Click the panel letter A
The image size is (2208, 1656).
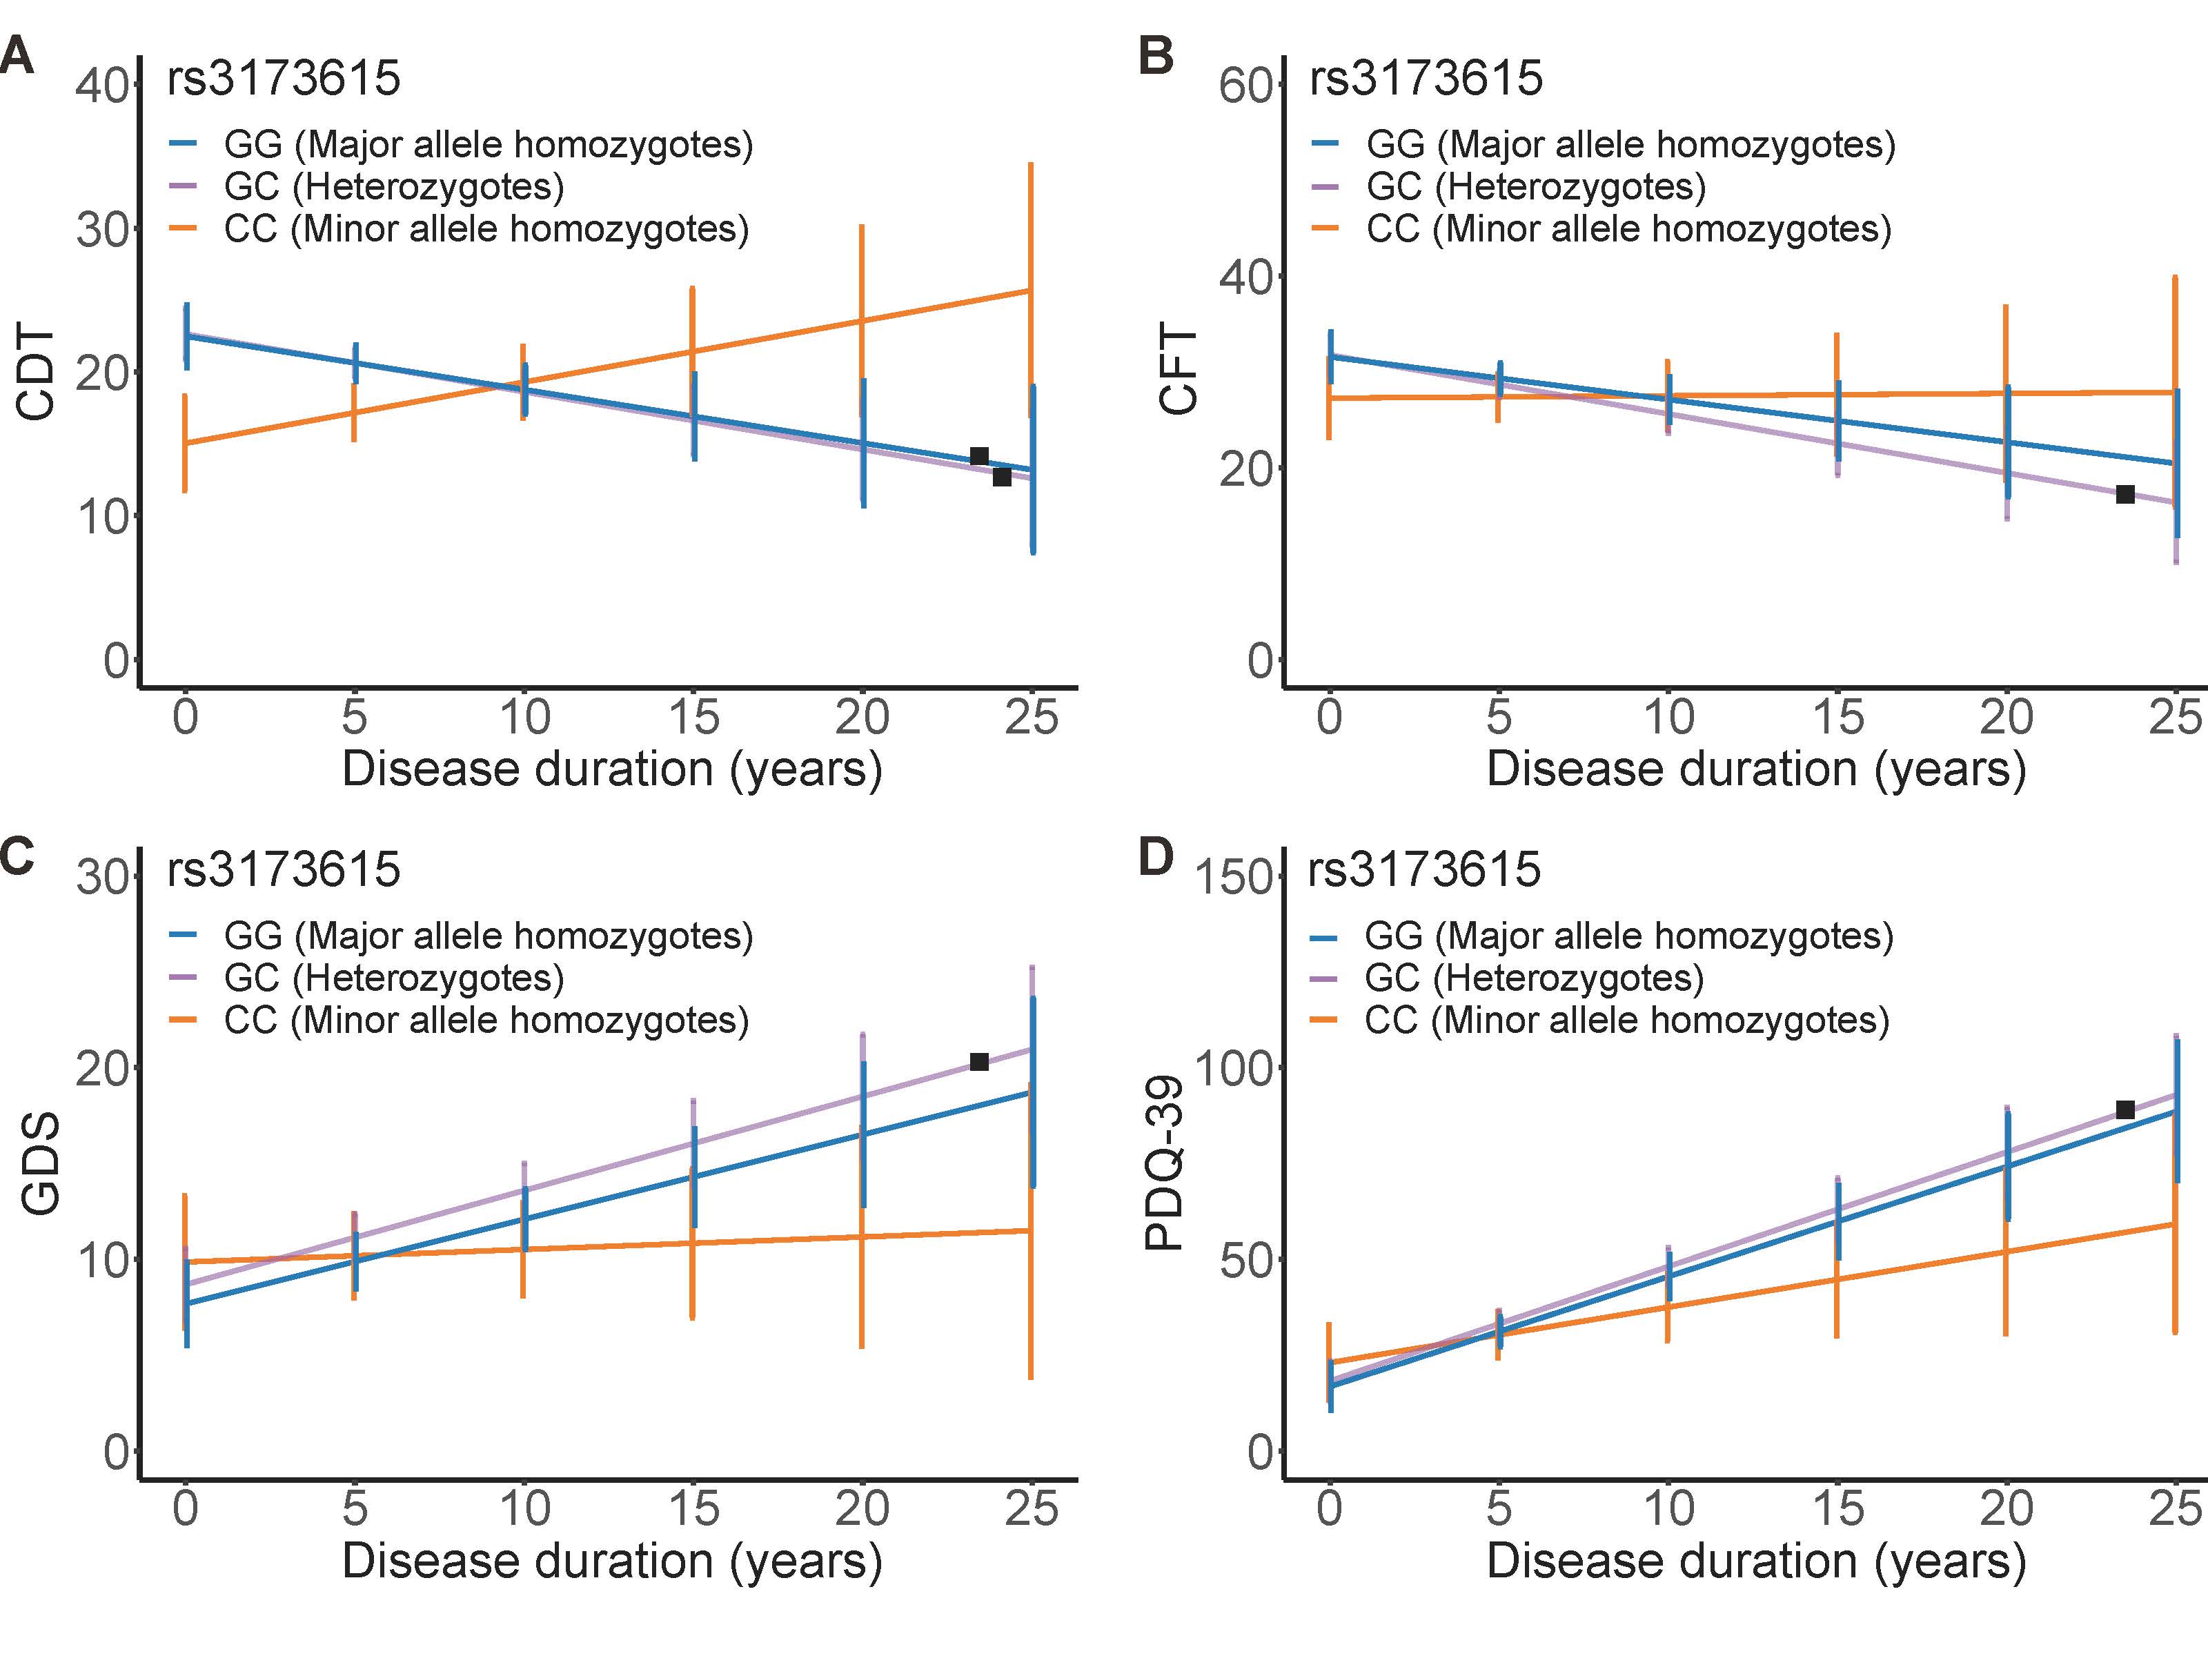click(x=17, y=57)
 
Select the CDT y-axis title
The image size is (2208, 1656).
click(x=37, y=373)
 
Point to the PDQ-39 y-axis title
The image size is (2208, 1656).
click(x=1164, y=1163)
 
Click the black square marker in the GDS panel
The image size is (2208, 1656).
click(x=979, y=1062)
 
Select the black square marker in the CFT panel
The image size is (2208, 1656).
click(x=2125, y=494)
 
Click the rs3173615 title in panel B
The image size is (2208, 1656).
click(x=1426, y=79)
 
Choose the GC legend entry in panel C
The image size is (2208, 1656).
click(x=393, y=978)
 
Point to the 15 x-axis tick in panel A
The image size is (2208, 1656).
click(x=693, y=718)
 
